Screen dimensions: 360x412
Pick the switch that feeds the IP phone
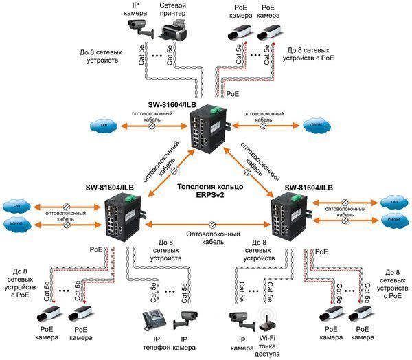[x=124, y=217]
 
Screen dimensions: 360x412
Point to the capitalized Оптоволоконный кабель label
[x=210, y=238]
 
